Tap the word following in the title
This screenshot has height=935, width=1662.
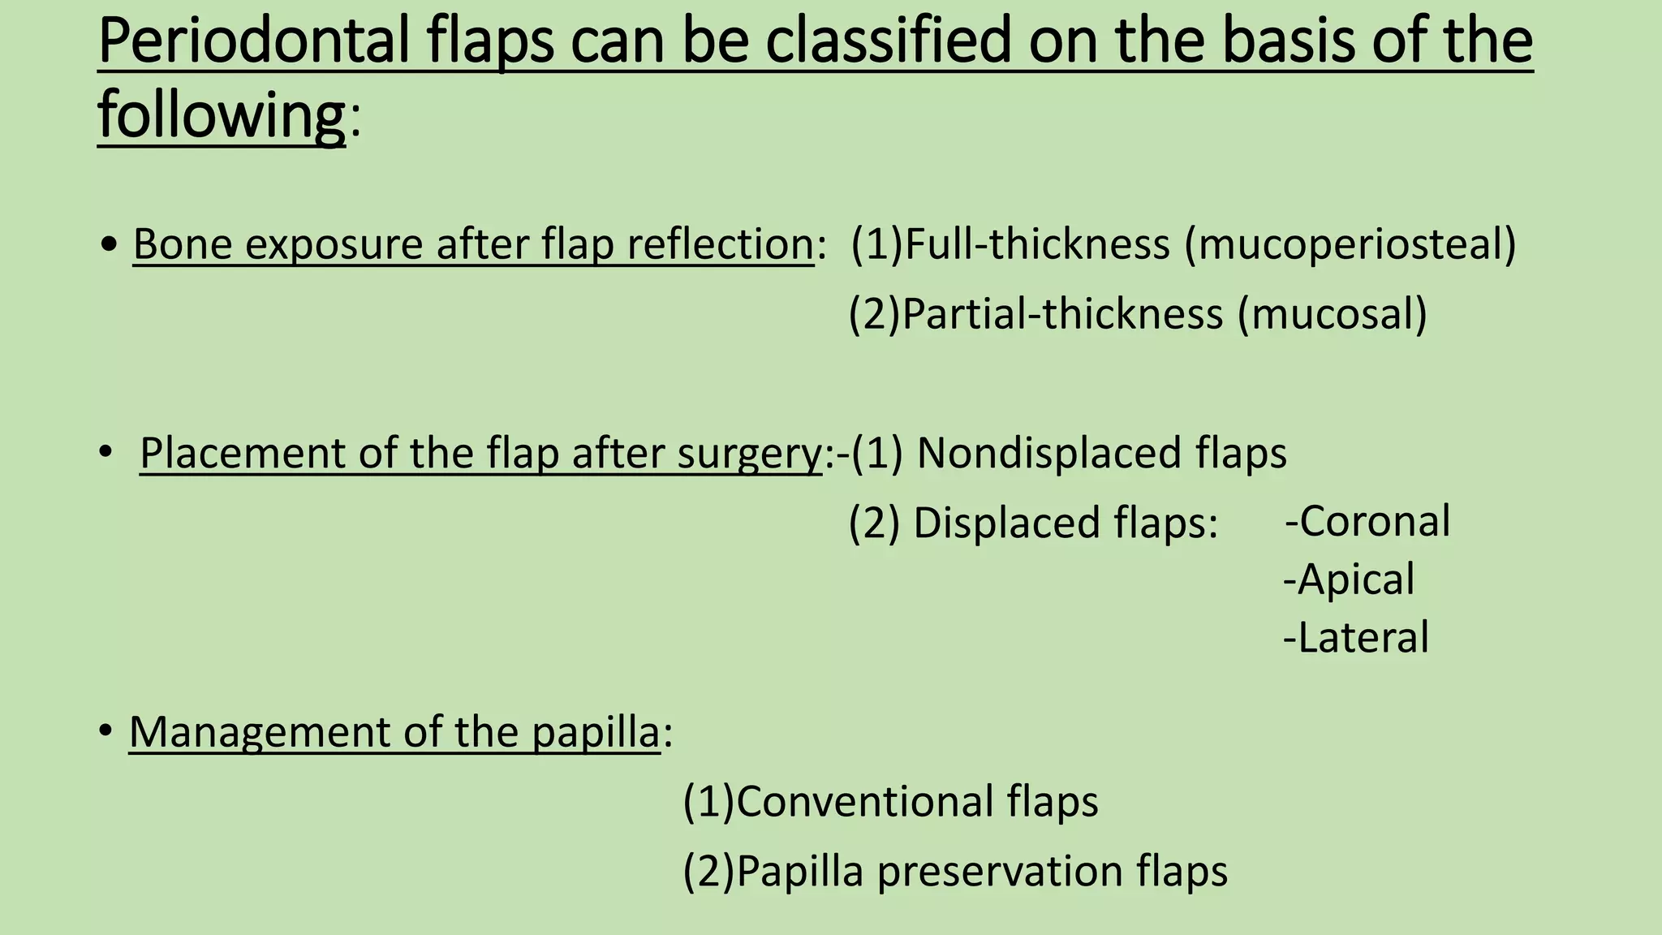coord(222,114)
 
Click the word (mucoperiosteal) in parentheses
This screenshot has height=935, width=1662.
coord(1350,244)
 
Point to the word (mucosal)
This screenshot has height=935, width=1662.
coord(1332,314)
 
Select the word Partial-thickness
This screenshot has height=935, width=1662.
coord(1062,314)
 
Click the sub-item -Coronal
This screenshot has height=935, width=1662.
coord(1367,521)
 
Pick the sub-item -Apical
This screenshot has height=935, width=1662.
coord(1349,580)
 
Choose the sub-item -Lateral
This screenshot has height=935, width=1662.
coord(1355,638)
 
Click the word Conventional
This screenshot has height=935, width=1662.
coord(864,802)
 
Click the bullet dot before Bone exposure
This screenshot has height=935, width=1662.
coord(110,244)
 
